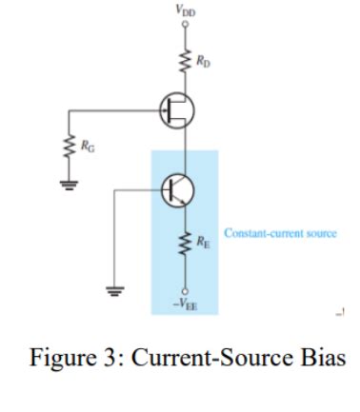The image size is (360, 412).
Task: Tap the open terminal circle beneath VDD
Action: (181, 28)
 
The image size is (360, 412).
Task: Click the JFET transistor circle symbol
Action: (175, 111)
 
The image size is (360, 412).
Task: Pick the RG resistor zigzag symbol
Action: (67, 147)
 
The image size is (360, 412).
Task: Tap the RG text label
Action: (88, 147)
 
